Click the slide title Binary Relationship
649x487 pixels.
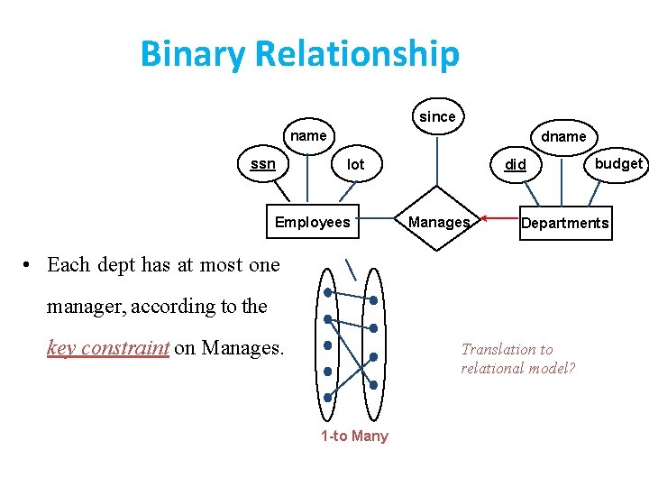tap(299, 54)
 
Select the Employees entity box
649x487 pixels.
tap(312, 223)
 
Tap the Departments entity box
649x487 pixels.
tap(564, 223)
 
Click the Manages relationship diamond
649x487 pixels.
tap(438, 222)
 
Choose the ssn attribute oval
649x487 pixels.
tap(262, 164)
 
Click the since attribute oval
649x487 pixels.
tap(437, 116)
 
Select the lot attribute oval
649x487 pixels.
tap(356, 164)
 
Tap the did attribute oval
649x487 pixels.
tap(516, 164)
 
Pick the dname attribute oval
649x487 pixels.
tap(563, 137)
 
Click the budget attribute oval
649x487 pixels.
tap(617, 163)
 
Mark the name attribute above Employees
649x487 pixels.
tap(307, 136)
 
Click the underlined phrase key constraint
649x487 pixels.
tap(107, 347)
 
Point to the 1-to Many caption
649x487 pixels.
tap(354, 436)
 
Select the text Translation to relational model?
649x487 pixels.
tap(518, 359)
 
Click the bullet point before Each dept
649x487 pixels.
tap(29, 265)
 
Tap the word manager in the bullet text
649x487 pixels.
tap(87, 306)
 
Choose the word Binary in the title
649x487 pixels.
tap(192, 54)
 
